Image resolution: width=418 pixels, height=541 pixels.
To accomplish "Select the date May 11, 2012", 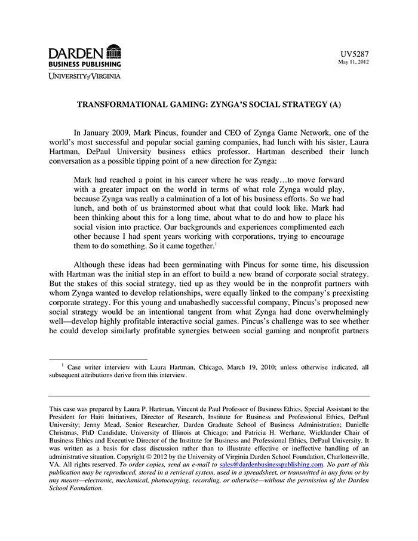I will pyautogui.click(x=354, y=62).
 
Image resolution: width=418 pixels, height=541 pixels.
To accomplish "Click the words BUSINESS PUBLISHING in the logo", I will pyautogui.click(x=85, y=64).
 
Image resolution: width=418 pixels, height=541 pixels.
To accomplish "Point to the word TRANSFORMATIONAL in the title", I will pyautogui.click(x=122, y=105).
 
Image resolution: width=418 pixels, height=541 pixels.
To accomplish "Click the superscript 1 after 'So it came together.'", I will pyautogui.click(x=215, y=242).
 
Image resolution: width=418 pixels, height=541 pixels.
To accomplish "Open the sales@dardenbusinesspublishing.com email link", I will pyautogui.click(x=271, y=464).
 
